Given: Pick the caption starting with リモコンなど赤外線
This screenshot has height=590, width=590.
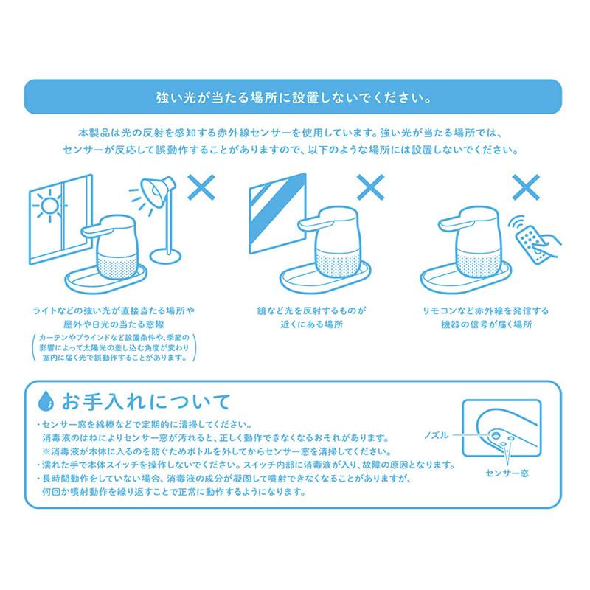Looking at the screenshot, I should (x=487, y=317).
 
